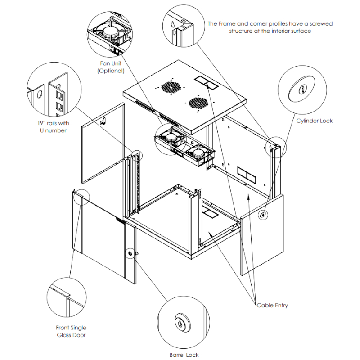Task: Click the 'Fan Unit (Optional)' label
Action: [x=110, y=67]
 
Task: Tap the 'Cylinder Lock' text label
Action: [x=314, y=121]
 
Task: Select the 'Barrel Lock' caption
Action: [x=184, y=355]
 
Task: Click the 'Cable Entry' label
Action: [x=272, y=306]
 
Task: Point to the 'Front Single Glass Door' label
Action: [x=71, y=331]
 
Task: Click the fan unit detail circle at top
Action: [x=111, y=31]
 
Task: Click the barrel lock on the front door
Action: [x=130, y=254]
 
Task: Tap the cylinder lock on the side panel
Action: [x=262, y=216]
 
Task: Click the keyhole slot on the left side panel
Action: [x=103, y=120]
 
